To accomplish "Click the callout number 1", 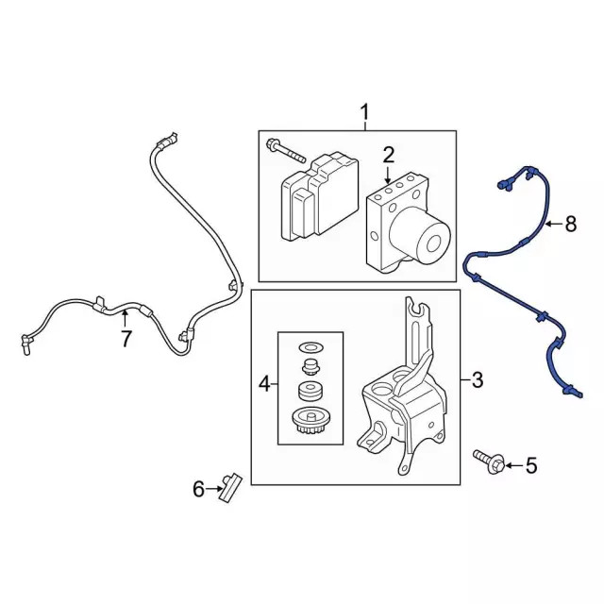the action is (364, 112).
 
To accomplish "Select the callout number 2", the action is (388, 155).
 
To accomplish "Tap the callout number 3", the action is (478, 379).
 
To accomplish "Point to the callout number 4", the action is (264, 384).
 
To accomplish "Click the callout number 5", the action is (531, 465).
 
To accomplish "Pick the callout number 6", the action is (198, 489).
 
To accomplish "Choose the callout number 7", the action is (126, 339).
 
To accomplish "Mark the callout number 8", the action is (570, 224).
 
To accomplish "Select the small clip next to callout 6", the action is (230, 487).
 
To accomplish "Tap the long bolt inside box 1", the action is (285, 151).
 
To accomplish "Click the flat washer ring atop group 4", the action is (311, 347).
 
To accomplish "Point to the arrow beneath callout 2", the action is (388, 175).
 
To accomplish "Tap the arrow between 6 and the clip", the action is (213, 489).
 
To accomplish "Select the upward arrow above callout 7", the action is (125, 320).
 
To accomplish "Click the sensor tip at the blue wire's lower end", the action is (574, 393).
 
